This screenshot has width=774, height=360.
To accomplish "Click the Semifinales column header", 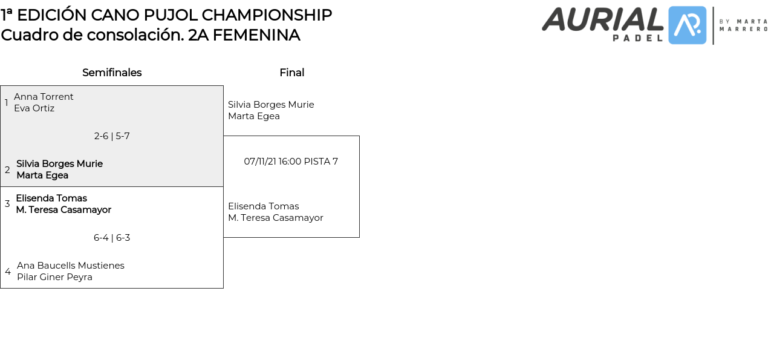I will (112, 73).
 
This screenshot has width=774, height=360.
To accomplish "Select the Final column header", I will (291, 73).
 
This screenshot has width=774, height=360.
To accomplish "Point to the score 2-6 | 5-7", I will (112, 136).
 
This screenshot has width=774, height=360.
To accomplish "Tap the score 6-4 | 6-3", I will (112, 238).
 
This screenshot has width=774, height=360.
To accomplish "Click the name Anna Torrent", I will (44, 97).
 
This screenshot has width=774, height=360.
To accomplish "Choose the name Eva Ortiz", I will (34, 108).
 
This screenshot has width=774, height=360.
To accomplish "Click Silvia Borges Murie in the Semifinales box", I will (59, 164).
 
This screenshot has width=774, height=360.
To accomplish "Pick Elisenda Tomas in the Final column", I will (263, 206).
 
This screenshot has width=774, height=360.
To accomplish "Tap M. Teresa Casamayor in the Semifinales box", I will (63, 210).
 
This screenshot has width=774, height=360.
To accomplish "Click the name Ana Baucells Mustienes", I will (70, 266).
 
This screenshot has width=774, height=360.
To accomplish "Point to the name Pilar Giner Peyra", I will (54, 277).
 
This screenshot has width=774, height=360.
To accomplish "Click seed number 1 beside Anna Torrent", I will (7, 103).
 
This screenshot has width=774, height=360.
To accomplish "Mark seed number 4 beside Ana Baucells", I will (7, 272).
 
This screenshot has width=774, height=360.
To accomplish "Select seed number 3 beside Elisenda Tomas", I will (7, 204).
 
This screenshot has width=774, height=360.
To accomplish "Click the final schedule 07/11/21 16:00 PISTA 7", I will (291, 162).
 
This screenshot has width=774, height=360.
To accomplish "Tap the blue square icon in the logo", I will (687, 25).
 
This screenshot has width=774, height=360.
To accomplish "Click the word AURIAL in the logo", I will (602, 19).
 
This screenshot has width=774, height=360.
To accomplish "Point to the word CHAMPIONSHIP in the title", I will (267, 15).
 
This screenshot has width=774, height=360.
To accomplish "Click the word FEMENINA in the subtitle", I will (256, 35).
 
